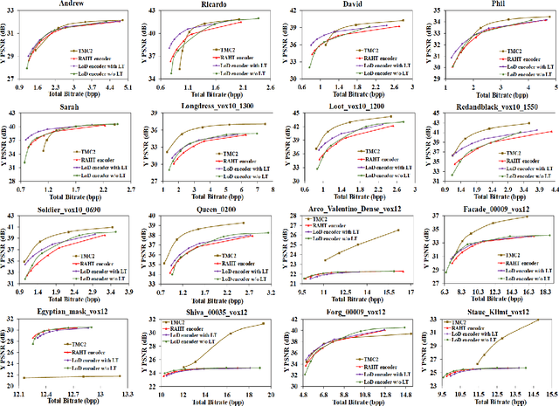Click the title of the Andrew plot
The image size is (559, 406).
(x=72, y=4)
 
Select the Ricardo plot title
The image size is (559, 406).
(x=210, y=4)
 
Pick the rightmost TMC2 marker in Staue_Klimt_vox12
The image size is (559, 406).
(x=539, y=320)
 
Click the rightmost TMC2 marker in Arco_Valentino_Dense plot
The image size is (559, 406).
(x=398, y=231)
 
